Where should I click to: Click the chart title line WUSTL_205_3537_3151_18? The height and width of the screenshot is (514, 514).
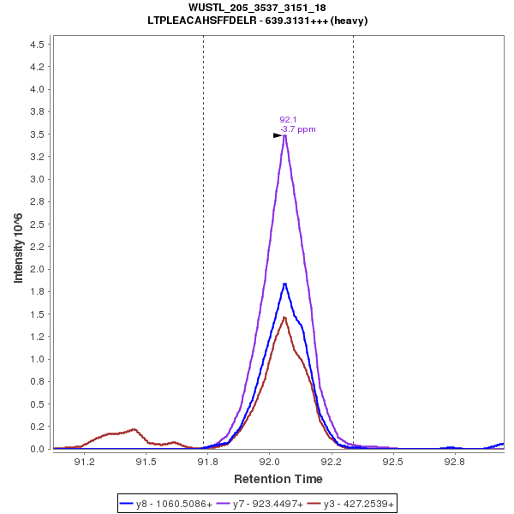click(x=257, y=8)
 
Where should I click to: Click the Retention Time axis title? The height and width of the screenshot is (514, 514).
click(x=278, y=478)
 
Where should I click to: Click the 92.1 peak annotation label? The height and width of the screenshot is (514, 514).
click(x=288, y=120)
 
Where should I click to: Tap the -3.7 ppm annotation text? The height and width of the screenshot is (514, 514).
click(x=298, y=129)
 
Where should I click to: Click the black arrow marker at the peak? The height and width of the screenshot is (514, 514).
click(x=278, y=135)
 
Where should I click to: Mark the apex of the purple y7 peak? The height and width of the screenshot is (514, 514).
click(x=284, y=135)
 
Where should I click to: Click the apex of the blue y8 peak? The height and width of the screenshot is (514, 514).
click(x=284, y=284)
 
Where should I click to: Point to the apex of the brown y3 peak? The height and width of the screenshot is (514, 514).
click(x=284, y=318)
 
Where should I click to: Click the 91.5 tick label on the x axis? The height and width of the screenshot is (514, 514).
click(x=146, y=463)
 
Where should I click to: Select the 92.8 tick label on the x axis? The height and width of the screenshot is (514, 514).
click(x=454, y=463)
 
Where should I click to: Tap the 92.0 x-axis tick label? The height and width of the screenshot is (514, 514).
click(x=270, y=463)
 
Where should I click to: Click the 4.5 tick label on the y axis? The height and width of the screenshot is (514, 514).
click(x=39, y=45)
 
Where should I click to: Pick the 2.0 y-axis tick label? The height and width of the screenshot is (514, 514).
click(x=39, y=269)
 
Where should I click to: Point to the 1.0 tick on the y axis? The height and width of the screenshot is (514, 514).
click(x=39, y=359)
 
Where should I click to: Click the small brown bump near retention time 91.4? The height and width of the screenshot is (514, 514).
click(x=134, y=429)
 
